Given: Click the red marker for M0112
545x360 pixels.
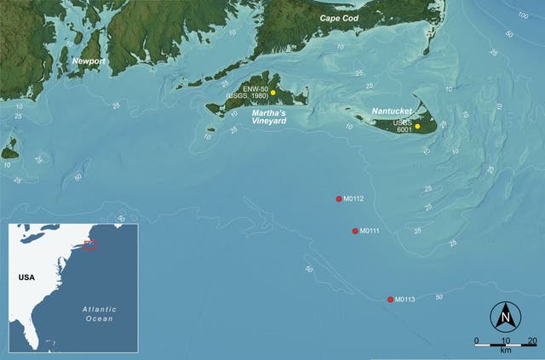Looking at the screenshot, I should tap(339, 198).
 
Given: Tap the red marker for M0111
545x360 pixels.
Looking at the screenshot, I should tap(355, 231).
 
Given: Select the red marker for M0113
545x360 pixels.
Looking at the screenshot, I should tap(390, 300).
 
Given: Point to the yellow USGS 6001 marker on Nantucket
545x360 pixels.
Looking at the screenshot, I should tap(417, 126).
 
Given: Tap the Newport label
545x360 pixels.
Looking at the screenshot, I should tap(89, 62).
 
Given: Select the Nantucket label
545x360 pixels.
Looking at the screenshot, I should tap(393, 111).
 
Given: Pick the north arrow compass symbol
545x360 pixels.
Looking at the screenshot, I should tap(505, 317).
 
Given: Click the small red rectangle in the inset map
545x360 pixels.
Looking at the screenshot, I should tap(91, 245).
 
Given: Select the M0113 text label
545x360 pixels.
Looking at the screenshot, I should tap(404, 300).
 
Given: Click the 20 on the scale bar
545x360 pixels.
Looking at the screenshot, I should tap(531, 340).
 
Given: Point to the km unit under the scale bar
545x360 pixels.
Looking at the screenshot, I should tap(506, 350).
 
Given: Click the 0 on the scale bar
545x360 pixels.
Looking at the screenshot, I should tap(477, 340).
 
